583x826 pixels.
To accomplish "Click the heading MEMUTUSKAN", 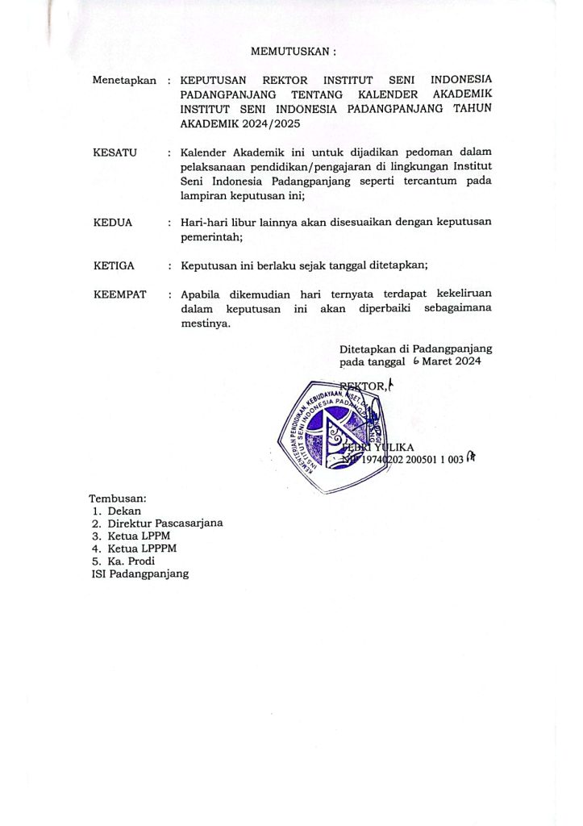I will click(x=292, y=51).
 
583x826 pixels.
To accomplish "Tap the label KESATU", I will click(x=115, y=152).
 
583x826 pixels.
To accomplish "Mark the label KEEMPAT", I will click(x=120, y=294).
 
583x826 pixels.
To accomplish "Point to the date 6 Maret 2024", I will click(x=447, y=362).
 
